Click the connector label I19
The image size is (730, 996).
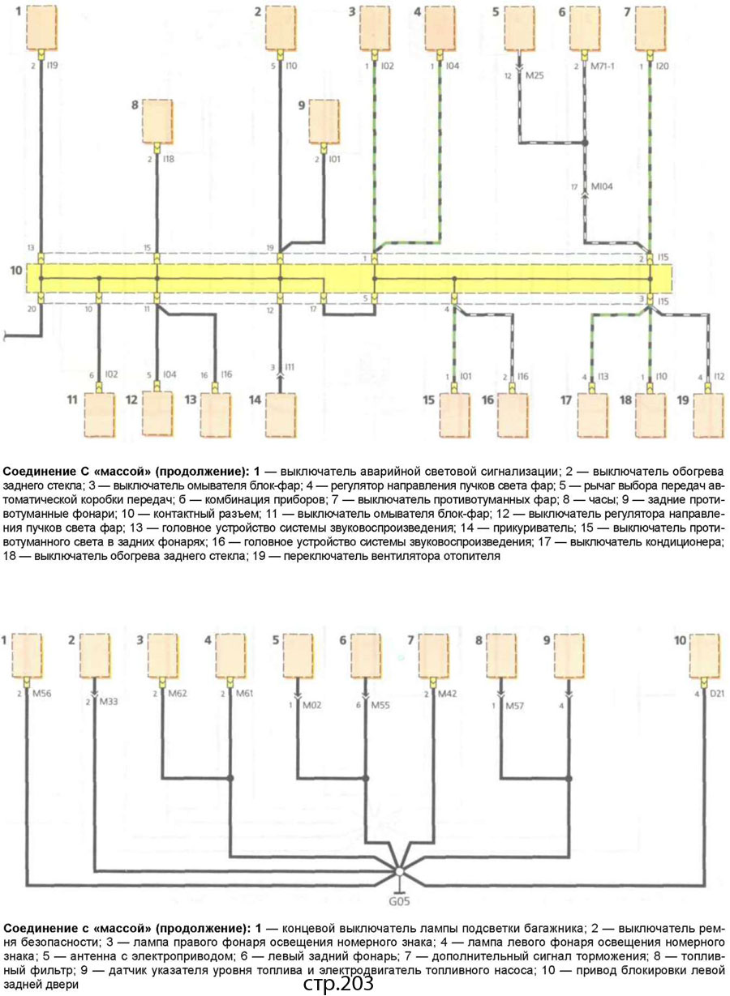tap(53, 66)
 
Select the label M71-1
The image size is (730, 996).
tap(603, 66)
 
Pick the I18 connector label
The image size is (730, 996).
tap(169, 160)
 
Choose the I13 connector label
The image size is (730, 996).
tap(603, 377)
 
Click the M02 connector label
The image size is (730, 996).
tap(313, 703)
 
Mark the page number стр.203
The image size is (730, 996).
tap(338, 984)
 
